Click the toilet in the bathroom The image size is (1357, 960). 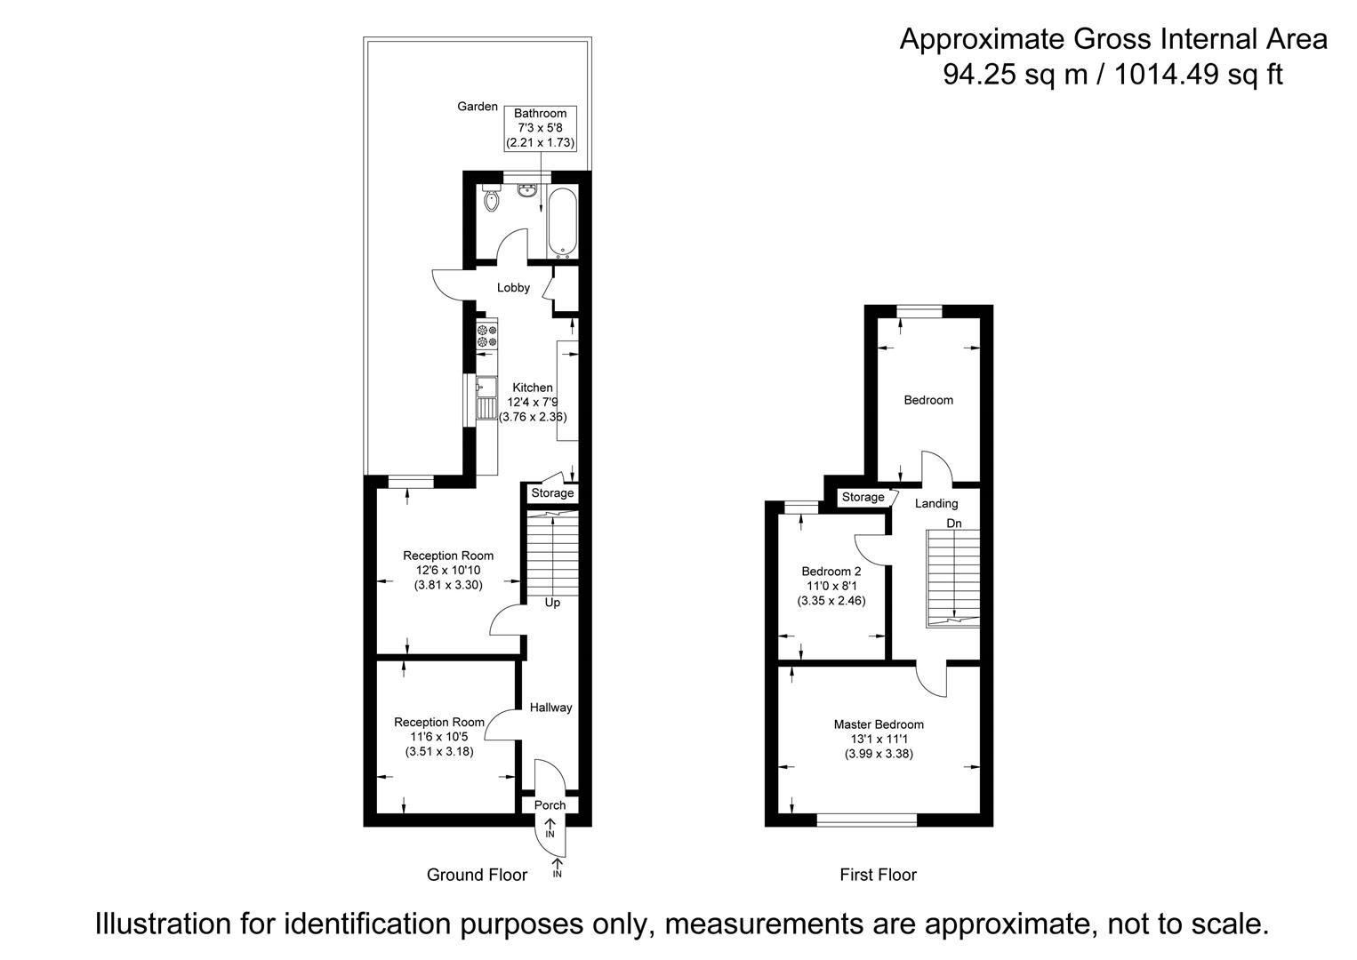click(x=491, y=197)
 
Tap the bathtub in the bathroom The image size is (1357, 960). click(x=563, y=222)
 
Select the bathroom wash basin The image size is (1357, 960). click(x=526, y=189)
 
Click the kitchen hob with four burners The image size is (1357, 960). click(x=487, y=335)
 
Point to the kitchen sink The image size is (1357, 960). click(x=486, y=398)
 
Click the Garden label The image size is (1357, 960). click(x=478, y=107)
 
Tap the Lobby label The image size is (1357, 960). click(x=513, y=288)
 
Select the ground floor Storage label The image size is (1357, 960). click(x=552, y=493)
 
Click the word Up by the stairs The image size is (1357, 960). click(x=552, y=603)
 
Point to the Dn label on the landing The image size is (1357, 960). click(x=954, y=524)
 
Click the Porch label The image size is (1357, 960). click(x=550, y=805)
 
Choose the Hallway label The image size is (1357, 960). click(x=550, y=708)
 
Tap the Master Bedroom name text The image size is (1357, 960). click(x=879, y=724)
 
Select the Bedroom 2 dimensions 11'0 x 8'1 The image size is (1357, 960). click(x=831, y=587)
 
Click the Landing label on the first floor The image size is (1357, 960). click(x=936, y=503)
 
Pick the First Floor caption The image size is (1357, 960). click(x=878, y=875)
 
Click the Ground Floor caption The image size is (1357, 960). click(x=477, y=875)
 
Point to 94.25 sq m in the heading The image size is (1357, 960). click(x=1016, y=75)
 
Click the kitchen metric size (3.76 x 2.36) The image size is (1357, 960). click(x=533, y=417)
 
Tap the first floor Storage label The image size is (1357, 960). click(x=863, y=497)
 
